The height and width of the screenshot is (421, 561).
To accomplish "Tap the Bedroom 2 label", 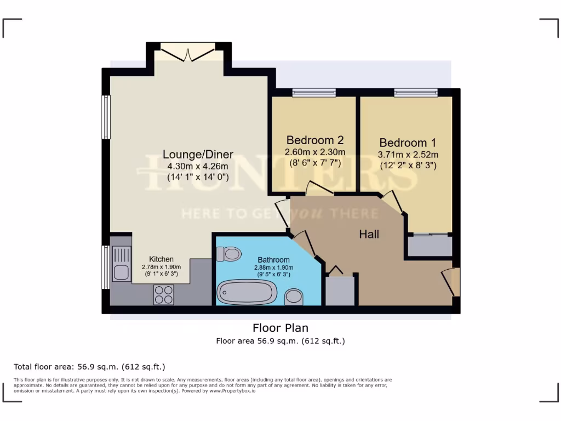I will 315,139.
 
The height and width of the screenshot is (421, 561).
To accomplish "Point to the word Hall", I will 369,235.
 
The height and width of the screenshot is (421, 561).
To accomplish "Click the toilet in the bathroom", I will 229,254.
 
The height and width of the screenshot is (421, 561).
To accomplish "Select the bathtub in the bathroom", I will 245,292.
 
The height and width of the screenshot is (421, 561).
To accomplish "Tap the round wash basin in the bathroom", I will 294,297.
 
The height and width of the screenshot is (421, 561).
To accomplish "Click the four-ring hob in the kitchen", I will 164,294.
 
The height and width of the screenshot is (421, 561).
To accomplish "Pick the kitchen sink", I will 122,263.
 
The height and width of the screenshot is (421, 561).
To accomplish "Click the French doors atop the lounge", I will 188,54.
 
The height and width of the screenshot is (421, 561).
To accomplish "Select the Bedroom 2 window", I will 313,93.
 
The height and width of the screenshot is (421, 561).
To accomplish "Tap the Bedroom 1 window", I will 416,93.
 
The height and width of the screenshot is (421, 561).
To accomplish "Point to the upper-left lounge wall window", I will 106,117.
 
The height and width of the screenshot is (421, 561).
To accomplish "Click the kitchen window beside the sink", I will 106,267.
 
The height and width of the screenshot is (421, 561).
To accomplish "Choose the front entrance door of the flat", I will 453,282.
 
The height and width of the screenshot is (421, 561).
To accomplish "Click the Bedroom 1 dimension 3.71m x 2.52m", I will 408,154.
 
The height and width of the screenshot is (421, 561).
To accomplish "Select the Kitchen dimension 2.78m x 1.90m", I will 162,267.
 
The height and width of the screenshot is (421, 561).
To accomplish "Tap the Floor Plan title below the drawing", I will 280,328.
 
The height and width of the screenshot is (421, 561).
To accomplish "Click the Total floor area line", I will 89,367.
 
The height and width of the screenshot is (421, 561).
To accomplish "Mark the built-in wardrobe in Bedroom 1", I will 430,247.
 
